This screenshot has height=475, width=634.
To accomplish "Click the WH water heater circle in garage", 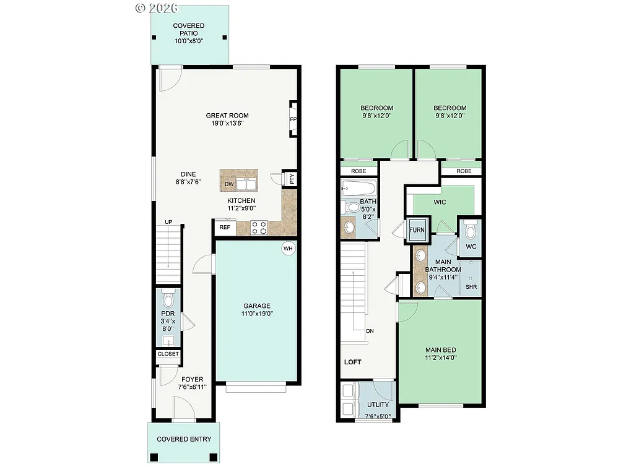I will coord(288,249).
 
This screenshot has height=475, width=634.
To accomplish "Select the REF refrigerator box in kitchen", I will coord(225,228).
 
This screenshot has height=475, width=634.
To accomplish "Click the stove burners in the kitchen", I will coord(259,228).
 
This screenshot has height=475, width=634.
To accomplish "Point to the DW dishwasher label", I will coord(229,184).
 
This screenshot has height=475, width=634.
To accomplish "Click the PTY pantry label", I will coord(292,179).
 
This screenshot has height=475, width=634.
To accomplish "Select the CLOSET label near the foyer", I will coord(168,354).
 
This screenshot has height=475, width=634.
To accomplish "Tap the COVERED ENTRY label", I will coord(184,439).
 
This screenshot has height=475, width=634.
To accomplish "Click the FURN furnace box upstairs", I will coord(417,230).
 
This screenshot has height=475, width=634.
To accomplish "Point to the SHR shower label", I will coord(471,287).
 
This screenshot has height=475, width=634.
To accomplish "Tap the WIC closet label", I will coord(440,202).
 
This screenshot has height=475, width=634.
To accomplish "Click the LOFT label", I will coord(352,362).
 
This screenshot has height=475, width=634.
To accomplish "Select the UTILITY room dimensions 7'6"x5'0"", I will coord(378,416).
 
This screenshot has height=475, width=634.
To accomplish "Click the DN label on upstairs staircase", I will coord(370,331).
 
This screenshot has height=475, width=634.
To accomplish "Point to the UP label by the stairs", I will coord(168,222).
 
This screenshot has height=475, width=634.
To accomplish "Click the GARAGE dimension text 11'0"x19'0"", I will coord(256,314).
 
